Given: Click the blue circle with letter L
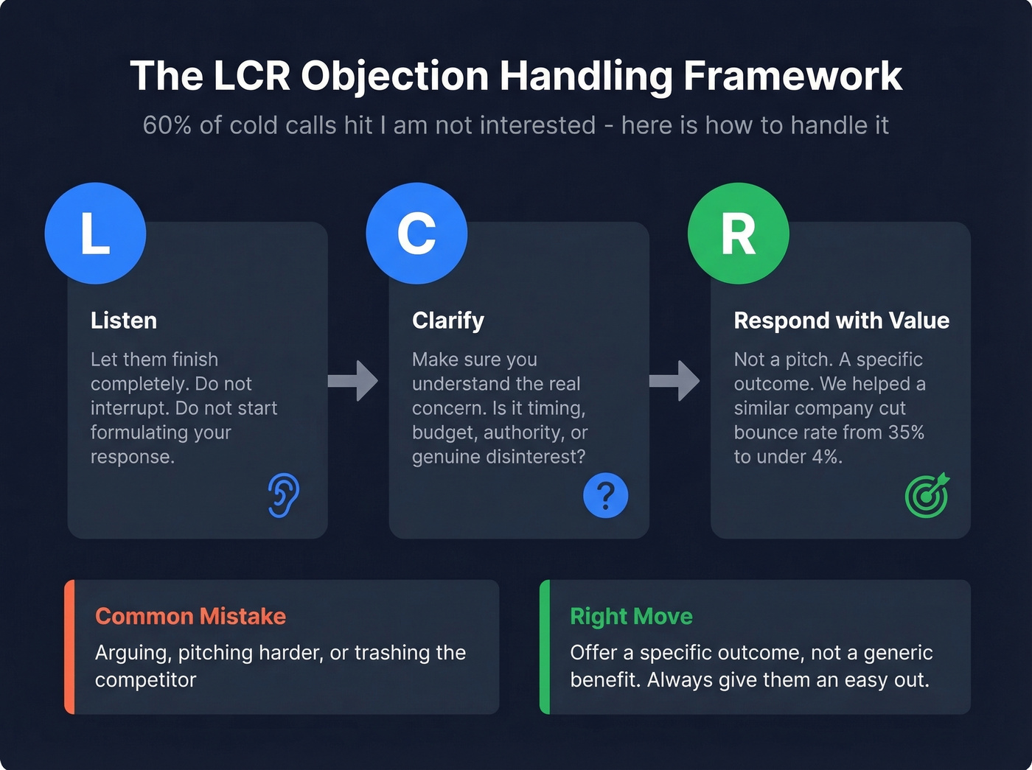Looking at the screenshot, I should pyautogui.click(x=95, y=234).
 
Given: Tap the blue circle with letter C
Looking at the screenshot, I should pyautogui.click(x=416, y=234).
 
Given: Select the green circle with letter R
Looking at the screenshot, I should pyautogui.click(x=738, y=234).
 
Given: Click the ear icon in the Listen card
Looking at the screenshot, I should pyautogui.click(x=284, y=495).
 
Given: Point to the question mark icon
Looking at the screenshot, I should pyautogui.click(x=605, y=495).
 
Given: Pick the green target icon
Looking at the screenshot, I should pyautogui.click(x=927, y=495).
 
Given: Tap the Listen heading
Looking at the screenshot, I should pyautogui.click(x=124, y=321).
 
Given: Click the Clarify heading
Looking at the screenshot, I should pyautogui.click(x=448, y=321).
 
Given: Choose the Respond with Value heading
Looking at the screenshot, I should pyautogui.click(x=841, y=321).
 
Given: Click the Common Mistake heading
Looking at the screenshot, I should pyautogui.click(x=190, y=616).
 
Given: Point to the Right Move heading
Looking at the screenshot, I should pyautogui.click(x=631, y=616).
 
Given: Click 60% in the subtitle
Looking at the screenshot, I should pyautogui.click(x=167, y=125).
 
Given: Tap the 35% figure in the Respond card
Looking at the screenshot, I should pyautogui.click(x=906, y=433).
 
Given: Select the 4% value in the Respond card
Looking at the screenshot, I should pyautogui.click(x=826, y=457).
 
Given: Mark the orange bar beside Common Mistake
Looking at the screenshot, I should pyautogui.click(x=69, y=647).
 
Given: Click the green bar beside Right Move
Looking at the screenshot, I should pyautogui.click(x=545, y=647).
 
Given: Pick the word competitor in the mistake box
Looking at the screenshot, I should pyautogui.click(x=145, y=679).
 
